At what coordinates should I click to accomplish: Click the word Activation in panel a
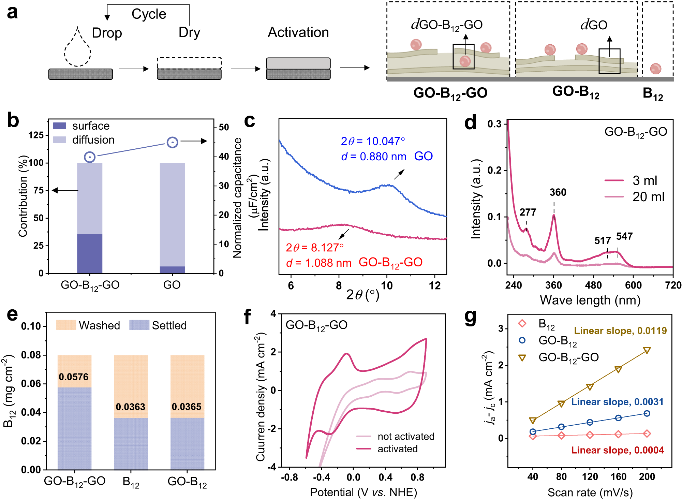click(298, 32)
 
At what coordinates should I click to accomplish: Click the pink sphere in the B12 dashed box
click(655, 69)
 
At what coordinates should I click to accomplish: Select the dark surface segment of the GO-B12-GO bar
click(90, 253)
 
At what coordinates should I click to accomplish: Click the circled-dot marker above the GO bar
click(173, 142)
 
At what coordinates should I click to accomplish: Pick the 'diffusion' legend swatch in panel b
click(60, 140)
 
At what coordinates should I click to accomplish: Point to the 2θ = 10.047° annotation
click(373, 141)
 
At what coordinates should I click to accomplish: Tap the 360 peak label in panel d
click(558, 192)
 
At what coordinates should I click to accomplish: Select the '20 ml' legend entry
click(648, 197)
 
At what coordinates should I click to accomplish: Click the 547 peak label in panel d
click(624, 236)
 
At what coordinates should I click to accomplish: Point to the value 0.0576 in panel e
click(73, 377)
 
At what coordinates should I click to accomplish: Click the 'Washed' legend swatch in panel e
click(66, 325)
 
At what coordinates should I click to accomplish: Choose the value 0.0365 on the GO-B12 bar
click(187, 407)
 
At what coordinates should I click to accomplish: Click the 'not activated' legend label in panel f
click(406, 437)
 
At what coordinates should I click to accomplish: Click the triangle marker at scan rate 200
click(647, 350)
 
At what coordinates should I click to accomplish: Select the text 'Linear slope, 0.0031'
click(617, 402)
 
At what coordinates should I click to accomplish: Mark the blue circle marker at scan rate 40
click(533, 431)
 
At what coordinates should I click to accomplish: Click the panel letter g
click(471, 317)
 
